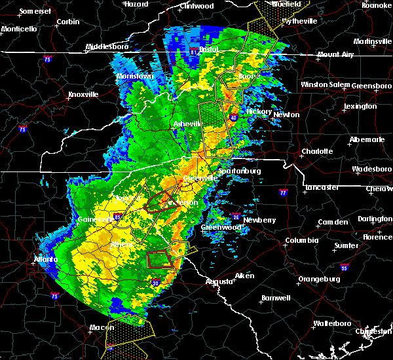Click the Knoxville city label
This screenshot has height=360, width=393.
(83, 94)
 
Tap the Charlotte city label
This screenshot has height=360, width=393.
(316, 151)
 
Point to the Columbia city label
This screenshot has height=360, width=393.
(301, 241)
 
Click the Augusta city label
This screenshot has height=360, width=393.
(219, 281)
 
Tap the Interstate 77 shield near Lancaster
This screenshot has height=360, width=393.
(283, 193)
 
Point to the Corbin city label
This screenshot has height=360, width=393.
(68, 22)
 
